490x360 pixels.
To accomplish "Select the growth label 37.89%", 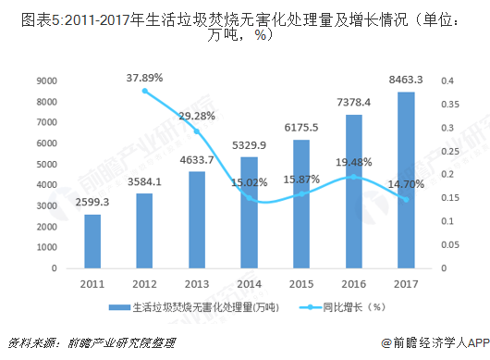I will (x=145, y=77).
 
